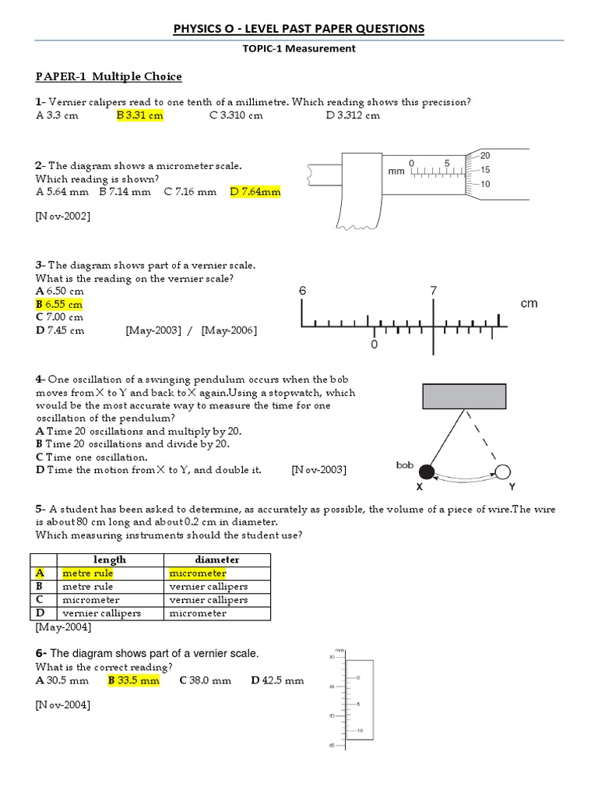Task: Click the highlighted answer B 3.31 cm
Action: coord(140,115)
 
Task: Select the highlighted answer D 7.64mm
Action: coord(255,191)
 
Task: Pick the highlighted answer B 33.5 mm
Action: coord(133,680)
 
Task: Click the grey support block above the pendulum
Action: coord(465,397)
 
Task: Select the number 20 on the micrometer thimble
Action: coord(486,155)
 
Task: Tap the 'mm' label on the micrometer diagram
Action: coord(396,171)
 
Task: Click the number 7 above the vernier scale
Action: coord(434,291)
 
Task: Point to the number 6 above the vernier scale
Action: coord(303,291)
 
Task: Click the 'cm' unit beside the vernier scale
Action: coord(529,303)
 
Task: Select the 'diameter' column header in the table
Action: coord(216,560)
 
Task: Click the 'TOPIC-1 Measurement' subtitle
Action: coord(300,48)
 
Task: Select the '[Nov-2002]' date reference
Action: coord(62,216)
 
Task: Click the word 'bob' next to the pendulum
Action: coord(404,464)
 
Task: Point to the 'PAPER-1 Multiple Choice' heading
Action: coord(109,76)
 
